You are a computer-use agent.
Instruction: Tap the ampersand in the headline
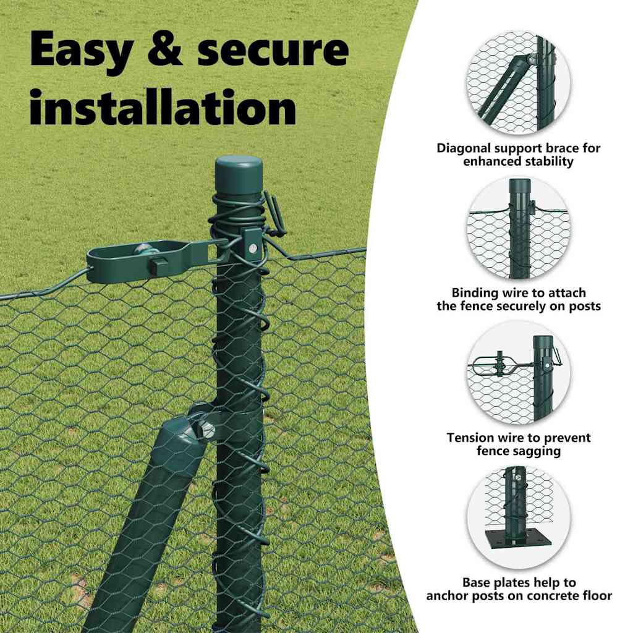coord(165,48)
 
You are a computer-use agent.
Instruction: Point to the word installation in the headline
coord(163,107)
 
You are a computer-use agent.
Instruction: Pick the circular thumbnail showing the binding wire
coord(519,228)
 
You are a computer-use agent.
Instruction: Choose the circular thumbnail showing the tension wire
coord(519,373)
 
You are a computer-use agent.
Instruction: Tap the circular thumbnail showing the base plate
coord(519,517)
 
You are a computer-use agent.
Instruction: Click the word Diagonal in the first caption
coord(464,148)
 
